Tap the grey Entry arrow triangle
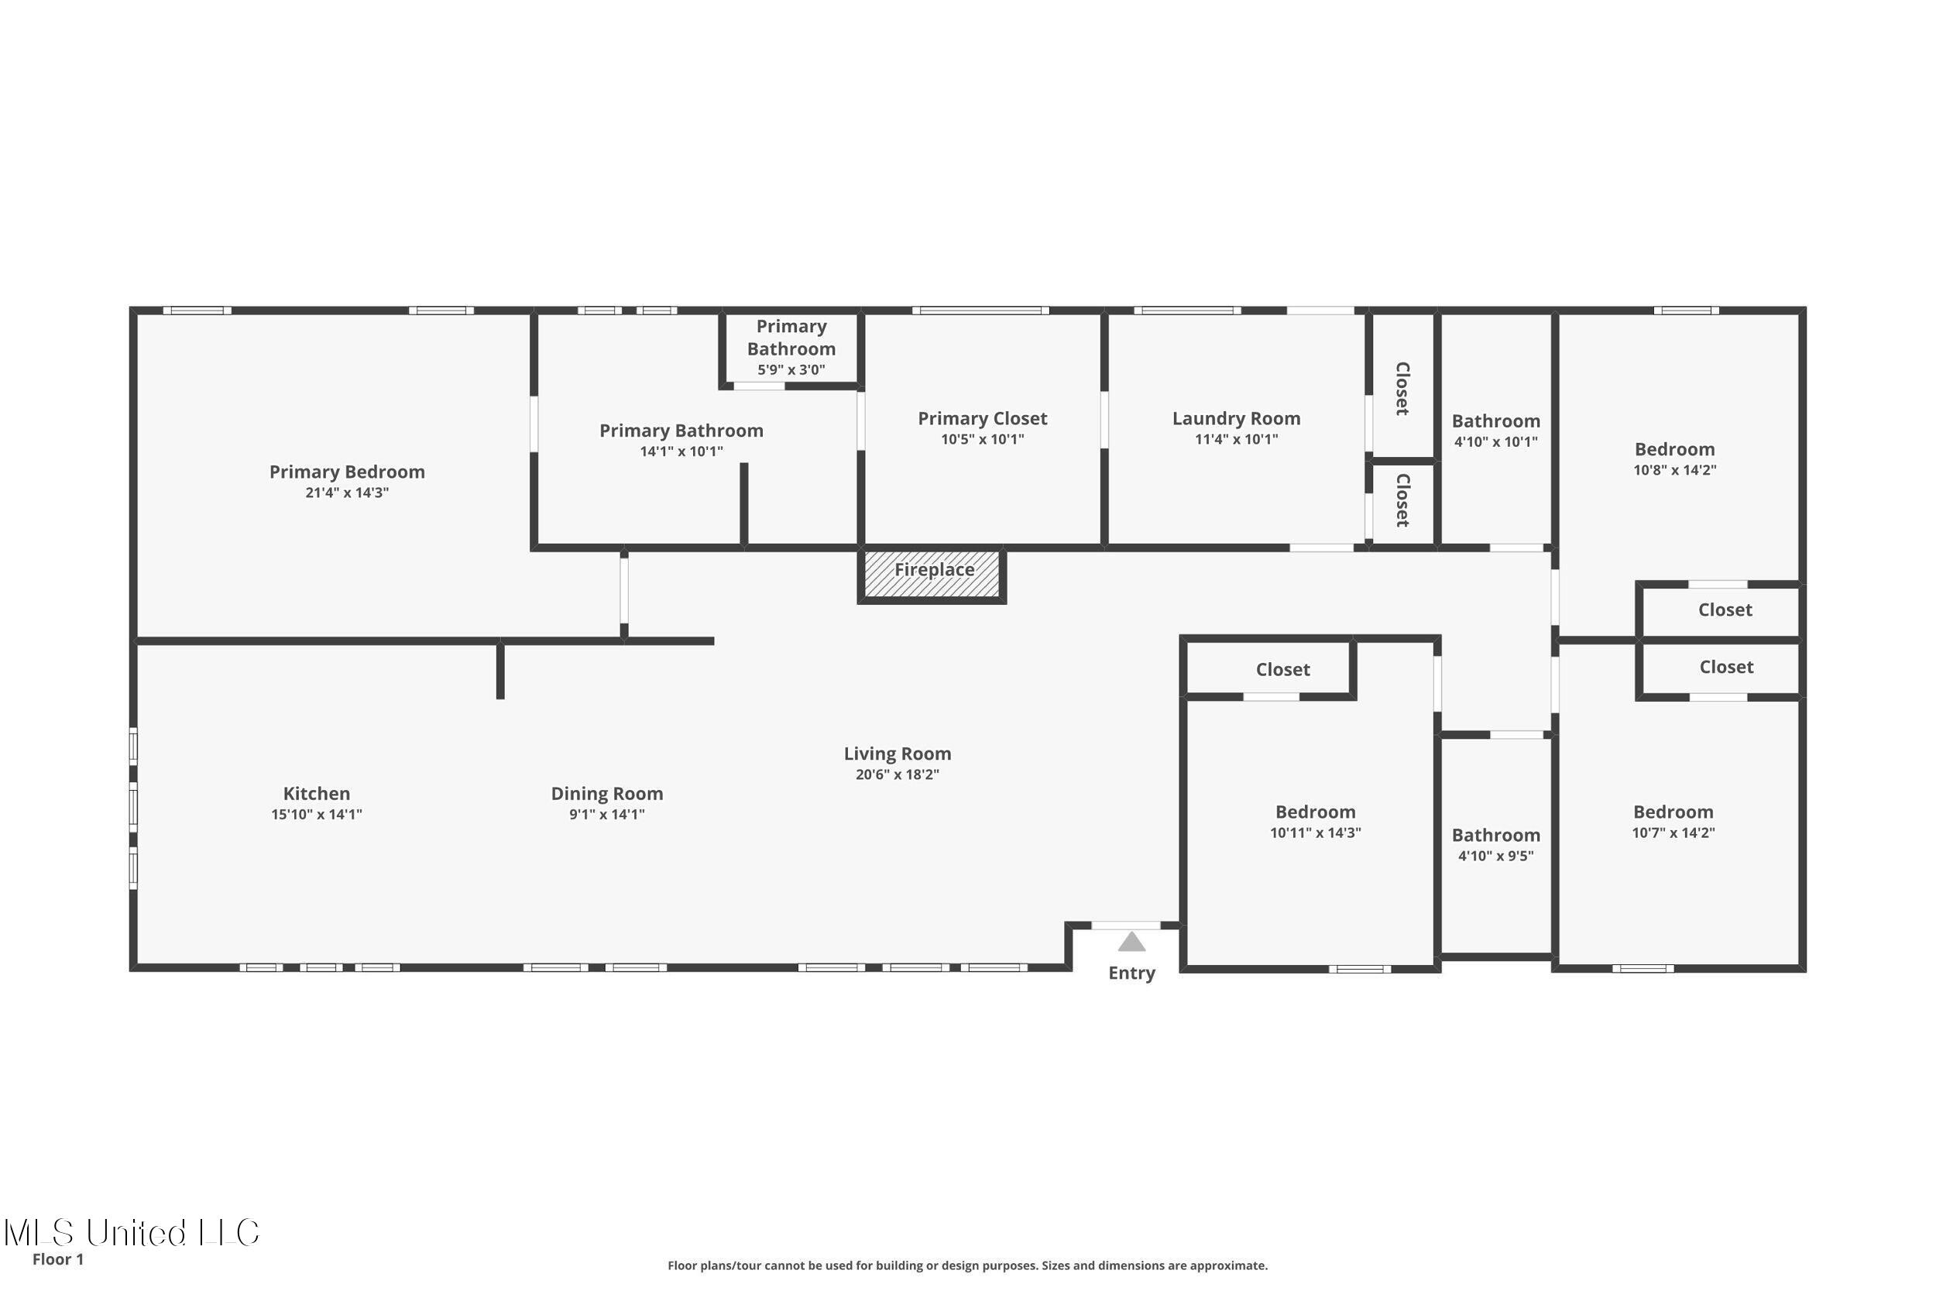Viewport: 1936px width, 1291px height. (x=1132, y=942)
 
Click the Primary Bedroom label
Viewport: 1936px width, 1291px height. (x=346, y=472)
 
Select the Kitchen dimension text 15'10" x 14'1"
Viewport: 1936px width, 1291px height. (x=317, y=814)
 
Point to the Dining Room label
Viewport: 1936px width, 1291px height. (x=606, y=794)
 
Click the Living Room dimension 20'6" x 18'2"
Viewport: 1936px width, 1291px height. (x=898, y=774)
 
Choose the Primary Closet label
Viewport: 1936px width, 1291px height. (x=982, y=418)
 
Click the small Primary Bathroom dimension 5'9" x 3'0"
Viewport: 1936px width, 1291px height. (x=791, y=369)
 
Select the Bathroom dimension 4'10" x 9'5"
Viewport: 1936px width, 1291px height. (x=1495, y=856)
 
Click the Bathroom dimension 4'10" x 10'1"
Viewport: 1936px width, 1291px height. (x=1495, y=441)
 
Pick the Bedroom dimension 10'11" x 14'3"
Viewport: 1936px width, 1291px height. (x=1316, y=833)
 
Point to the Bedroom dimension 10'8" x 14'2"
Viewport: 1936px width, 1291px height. (x=1674, y=470)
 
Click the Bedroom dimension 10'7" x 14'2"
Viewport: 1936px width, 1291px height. (x=1673, y=833)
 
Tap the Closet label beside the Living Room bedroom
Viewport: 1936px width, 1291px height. (x=1282, y=669)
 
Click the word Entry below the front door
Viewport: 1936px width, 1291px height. (x=1132, y=973)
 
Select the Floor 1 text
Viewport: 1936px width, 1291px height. (x=57, y=1259)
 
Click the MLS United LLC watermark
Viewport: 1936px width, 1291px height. (x=132, y=1233)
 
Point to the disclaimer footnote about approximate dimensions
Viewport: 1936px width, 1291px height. (x=967, y=1265)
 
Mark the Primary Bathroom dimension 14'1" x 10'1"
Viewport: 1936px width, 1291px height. (x=681, y=452)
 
